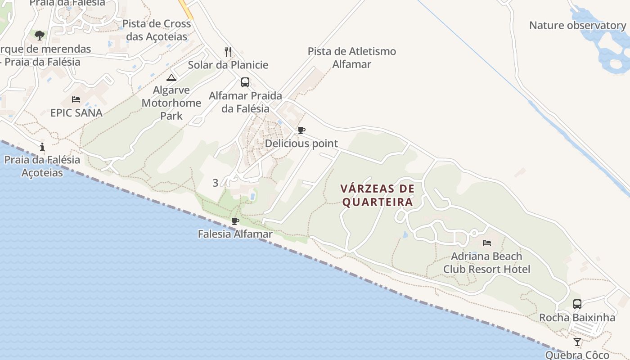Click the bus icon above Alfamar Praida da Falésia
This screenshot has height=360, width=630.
point(245,82)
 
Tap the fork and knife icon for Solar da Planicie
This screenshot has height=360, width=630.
point(228,52)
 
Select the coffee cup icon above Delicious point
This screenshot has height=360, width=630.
point(301,130)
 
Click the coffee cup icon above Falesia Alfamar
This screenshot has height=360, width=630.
point(235,221)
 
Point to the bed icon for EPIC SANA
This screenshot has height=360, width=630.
point(76,99)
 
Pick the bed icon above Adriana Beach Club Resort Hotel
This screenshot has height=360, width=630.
point(486,243)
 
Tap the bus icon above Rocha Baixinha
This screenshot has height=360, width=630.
point(577,304)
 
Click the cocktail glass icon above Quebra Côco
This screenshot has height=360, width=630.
point(577,342)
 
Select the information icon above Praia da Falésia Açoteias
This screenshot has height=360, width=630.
point(42,147)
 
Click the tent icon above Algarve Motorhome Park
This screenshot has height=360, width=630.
point(171,77)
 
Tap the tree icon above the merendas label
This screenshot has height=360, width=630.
point(40,35)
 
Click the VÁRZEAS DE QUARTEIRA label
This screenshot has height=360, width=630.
point(377,195)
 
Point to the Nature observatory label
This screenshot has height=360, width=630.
point(577,25)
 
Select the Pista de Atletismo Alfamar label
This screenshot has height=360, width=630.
point(352,58)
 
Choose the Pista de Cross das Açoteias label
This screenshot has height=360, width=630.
point(157,30)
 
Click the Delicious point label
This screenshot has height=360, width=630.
point(301,144)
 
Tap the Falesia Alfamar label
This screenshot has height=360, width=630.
point(235,234)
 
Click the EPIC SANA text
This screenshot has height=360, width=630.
point(76,112)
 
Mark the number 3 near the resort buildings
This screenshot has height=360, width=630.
point(216,183)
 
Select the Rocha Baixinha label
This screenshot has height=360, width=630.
point(577,318)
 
